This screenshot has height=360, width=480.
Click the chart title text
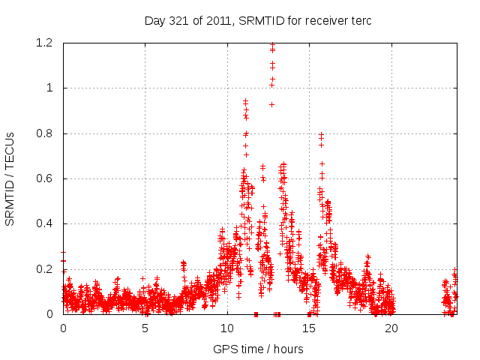[x=258, y=21]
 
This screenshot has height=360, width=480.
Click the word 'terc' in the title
[x=360, y=21]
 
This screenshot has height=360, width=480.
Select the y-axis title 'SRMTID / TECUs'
[x=10, y=178]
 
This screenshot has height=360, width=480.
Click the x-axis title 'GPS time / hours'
[x=258, y=349]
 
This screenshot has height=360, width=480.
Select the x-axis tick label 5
[x=145, y=328]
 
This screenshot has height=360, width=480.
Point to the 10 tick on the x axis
[x=227, y=328]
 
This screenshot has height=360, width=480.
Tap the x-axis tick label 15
[x=309, y=328]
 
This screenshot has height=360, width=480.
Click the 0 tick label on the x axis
[x=64, y=328]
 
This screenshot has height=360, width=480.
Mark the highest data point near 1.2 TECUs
[x=272, y=45]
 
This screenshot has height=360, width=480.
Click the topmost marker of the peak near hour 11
[x=245, y=100]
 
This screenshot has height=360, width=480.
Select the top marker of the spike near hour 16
[x=321, y=134]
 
